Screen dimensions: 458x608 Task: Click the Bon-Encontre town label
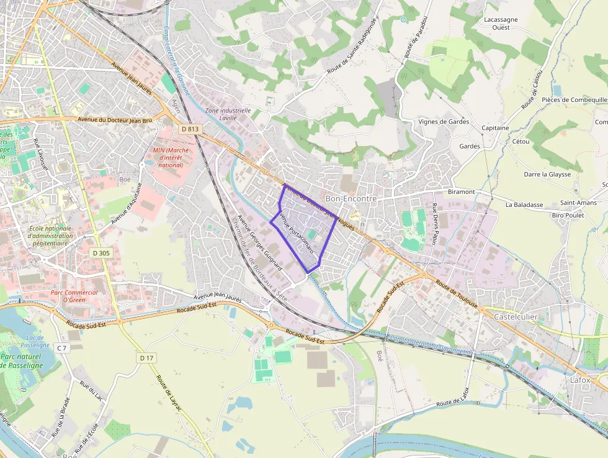(351, 198)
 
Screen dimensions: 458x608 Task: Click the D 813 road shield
(190, 129)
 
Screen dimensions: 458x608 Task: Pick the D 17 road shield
(146, 358)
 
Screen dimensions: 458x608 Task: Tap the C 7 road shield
(61, 347)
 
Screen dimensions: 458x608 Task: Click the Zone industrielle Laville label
(228, 114)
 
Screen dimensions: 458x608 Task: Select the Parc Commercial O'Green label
(74, 296)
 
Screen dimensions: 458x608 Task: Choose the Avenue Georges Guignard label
(261, 242)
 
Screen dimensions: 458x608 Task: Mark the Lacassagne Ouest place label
(501, 24)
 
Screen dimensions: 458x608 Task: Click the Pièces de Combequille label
(574, 99)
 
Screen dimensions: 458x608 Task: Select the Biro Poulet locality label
(568, 215)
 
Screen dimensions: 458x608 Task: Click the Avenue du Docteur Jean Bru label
(115, 119)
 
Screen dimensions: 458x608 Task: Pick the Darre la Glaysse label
(547, 175)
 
